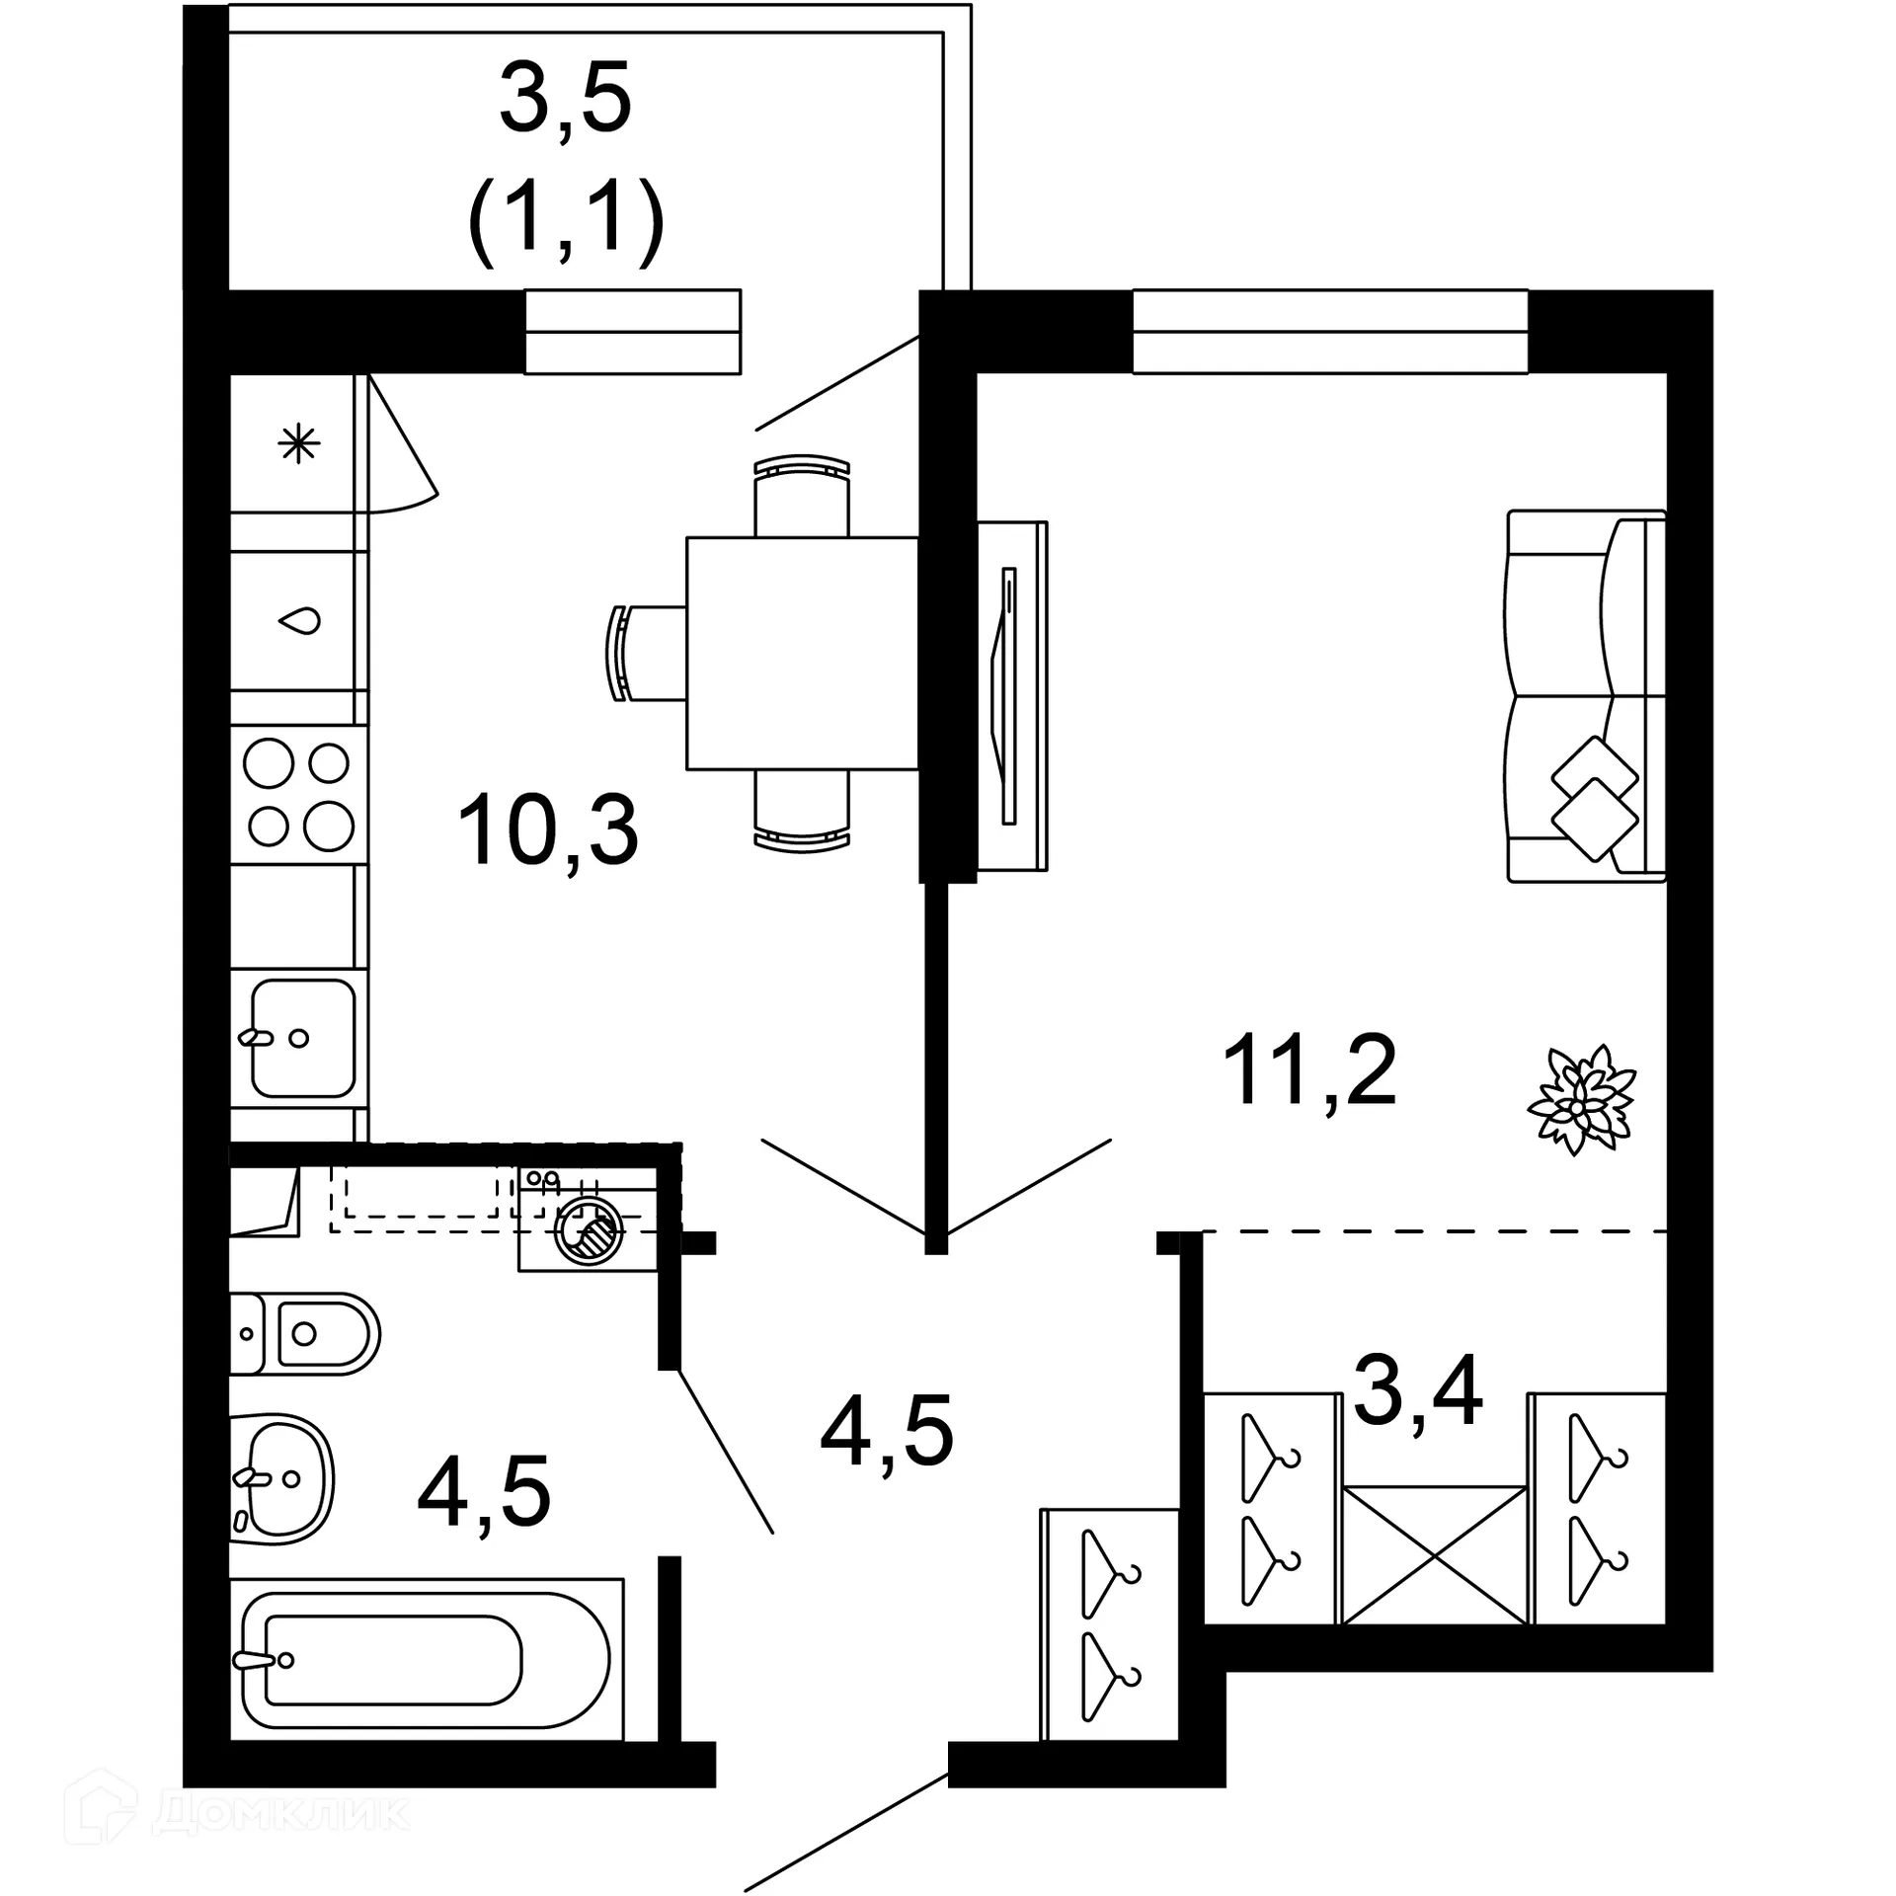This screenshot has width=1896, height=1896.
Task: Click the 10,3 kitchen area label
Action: [548, 831]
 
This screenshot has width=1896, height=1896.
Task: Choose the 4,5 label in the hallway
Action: [887, 1432]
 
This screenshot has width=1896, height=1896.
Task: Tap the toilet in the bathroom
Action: [306, 1334]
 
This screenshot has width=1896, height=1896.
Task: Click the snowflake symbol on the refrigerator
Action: [298, 444]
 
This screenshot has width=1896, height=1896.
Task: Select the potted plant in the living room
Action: [1581, 1100]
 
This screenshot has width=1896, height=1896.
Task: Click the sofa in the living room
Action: [1586, 695]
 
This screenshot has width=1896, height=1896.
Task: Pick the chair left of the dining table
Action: [647, 654]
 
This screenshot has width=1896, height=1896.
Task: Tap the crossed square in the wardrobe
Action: [1434, 1555]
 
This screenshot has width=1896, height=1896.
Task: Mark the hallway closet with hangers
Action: [1110, 1624]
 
